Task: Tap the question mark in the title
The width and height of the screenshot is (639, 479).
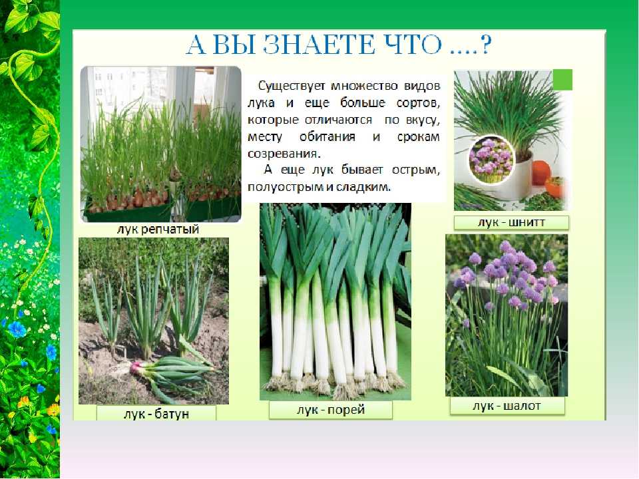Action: pyautogui.click(x=486, y=45)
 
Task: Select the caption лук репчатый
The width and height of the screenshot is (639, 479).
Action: pyautogui.click(x=158, y=230)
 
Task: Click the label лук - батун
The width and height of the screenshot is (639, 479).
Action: pyautogui.click(x=156, y=413)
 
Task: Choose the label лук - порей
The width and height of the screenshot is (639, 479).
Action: pyautogui.click(x=331, y=409)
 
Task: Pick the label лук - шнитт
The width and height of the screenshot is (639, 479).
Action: pyautogui.click(x=511, y=222)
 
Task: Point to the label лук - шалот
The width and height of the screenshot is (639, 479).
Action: pyautogui.click(x=507, y=406)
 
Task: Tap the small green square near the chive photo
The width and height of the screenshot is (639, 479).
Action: pyautogui.click(x=562, y=80)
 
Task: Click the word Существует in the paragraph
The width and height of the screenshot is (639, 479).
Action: pyautogui.click(x=292, y=86)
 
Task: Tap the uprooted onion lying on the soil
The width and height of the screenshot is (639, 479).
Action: pyautogui.click(x=171, y=372)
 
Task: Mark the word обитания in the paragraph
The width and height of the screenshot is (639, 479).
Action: pyautogui.click(x=327, y=137)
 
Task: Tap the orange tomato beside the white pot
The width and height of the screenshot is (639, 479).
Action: pyautogui.click(x=542, y=172)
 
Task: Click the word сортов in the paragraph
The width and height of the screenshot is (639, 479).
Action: pyautogui.click(x=418, y=104)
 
